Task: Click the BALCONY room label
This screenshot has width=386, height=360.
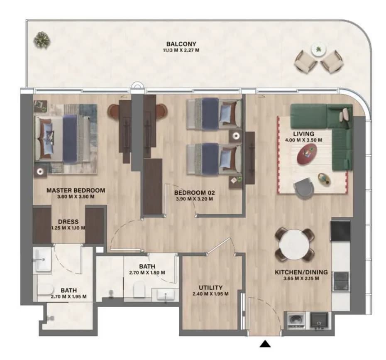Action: point(181,44)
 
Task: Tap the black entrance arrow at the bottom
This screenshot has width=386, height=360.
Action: point(265,344)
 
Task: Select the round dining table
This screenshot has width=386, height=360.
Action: point(294,245)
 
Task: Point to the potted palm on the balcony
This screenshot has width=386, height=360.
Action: point(42,40)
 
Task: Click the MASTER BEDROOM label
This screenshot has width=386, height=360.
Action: point(76,190)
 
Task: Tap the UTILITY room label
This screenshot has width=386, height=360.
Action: point(211,288)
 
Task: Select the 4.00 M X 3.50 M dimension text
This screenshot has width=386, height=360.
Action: point(303,140)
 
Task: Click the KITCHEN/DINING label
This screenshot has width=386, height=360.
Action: point(301,272)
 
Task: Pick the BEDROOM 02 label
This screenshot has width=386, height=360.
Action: point(195,193)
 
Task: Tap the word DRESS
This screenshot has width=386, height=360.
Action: point(68,222)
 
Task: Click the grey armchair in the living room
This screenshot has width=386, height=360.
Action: point(304,187)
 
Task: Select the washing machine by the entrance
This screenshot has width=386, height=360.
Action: point(296,321)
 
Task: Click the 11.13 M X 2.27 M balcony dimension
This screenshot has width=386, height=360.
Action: point(181,50)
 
